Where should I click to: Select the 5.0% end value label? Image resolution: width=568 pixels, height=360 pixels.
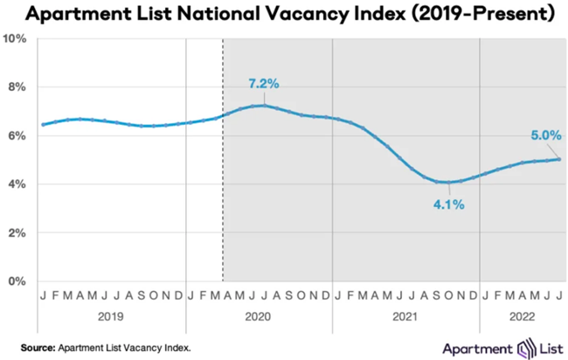tap(544, 135)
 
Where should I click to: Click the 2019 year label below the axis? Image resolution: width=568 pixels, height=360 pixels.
tap(111, 316)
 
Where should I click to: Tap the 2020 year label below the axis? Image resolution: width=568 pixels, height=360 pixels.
tap(259, 316)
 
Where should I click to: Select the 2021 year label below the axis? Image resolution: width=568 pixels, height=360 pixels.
tap(405, 316)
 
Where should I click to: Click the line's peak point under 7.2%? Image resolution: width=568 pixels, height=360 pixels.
tap(260, 106)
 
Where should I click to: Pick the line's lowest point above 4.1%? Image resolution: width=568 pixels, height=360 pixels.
tap(447, 182)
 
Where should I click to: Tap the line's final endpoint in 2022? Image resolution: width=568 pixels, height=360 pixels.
tap(559, 159)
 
